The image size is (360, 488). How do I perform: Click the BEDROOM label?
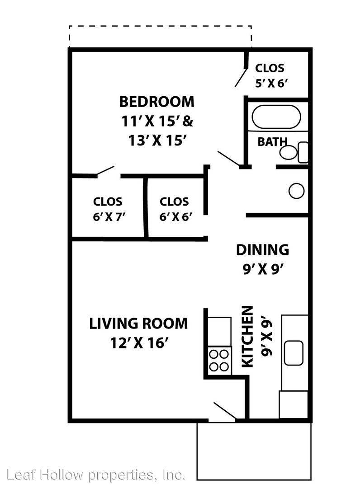pos(156,102)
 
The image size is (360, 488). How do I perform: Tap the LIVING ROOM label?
pos(138,324)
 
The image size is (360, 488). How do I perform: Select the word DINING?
pos(262,250)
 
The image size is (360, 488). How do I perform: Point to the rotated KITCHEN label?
pos(247,337)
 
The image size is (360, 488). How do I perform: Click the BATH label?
pos(272,142)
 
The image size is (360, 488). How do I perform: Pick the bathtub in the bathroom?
pos(276,117)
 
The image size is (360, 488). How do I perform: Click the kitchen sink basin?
pos(294,352)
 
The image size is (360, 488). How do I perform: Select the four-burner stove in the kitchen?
pos(219,361)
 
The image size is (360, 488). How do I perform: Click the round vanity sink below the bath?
pos(297,191)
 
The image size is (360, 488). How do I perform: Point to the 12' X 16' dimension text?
pos(139,343)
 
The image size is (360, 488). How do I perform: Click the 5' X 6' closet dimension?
pos(270,84)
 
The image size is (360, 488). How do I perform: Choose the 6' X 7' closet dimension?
pos(109,216)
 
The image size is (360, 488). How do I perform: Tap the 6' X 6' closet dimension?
pos(175,216)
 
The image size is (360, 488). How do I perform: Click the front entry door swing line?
pos(224,410)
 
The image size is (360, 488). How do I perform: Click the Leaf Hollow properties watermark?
pos(96,475)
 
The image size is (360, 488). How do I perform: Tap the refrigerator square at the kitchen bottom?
pos(294,404)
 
